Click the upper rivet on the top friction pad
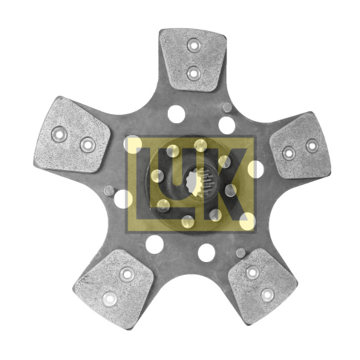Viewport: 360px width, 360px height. tap(194, 45)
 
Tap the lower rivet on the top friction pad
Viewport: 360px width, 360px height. tap(194, 73)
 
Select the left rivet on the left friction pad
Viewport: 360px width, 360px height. tap(59, 134)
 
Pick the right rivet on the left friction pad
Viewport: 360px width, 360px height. tap(88, 145)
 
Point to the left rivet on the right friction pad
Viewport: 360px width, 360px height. tap(289, 154)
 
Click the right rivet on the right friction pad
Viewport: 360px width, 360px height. tap(312, 145)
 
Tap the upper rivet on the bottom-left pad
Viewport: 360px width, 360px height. tap(127, 274)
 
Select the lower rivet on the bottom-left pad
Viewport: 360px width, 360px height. tap(110, 299)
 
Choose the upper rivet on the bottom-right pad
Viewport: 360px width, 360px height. tap(252, 272)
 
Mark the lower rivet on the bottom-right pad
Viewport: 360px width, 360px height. tap(267, 295)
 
